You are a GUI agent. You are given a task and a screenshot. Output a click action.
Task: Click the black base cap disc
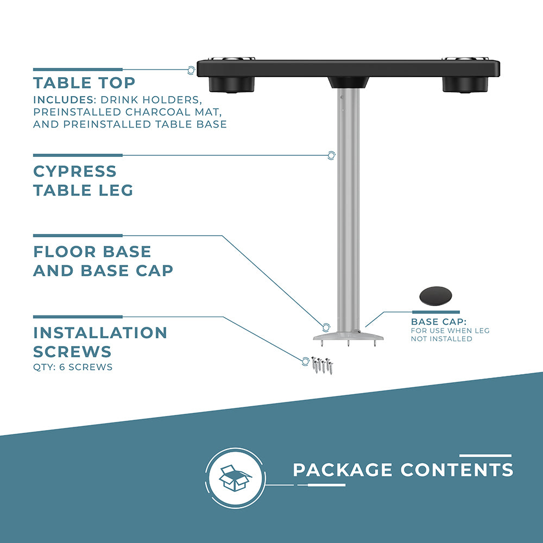pos(435,296)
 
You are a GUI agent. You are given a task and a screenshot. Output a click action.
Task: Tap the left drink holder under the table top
pos(232,85)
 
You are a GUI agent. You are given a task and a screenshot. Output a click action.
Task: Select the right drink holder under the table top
pos(465,85)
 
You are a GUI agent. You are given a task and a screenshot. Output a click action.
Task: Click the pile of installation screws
pos(323,365)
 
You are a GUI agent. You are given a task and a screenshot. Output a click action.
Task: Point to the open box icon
pos(236,478)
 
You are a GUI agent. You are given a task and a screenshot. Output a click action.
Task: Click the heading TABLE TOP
pos(84,83)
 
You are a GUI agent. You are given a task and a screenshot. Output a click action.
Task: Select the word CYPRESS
pos(75,172)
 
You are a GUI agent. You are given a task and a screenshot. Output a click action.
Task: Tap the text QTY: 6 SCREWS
pos(73,367)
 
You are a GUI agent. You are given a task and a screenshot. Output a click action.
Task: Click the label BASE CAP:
pos(439,321)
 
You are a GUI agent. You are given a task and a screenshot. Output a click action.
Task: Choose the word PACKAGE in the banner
pos(343,470)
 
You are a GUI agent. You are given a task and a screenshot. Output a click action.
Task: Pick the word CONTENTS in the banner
pos(457,470)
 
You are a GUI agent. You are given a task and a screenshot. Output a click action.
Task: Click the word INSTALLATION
pos(100,333)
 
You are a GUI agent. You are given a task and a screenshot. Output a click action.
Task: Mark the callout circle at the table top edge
pos(191,70)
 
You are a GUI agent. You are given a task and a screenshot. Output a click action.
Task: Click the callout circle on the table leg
pos(331,155)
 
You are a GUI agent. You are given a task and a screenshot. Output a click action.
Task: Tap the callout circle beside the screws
pos(305,362)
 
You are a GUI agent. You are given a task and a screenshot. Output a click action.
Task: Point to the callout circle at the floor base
pos(326,327)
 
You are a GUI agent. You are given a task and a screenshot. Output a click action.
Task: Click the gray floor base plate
pos(349,336)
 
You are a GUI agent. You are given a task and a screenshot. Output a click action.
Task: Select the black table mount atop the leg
pos(349,83)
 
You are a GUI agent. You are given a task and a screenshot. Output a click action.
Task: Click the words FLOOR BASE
pos(92,252)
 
